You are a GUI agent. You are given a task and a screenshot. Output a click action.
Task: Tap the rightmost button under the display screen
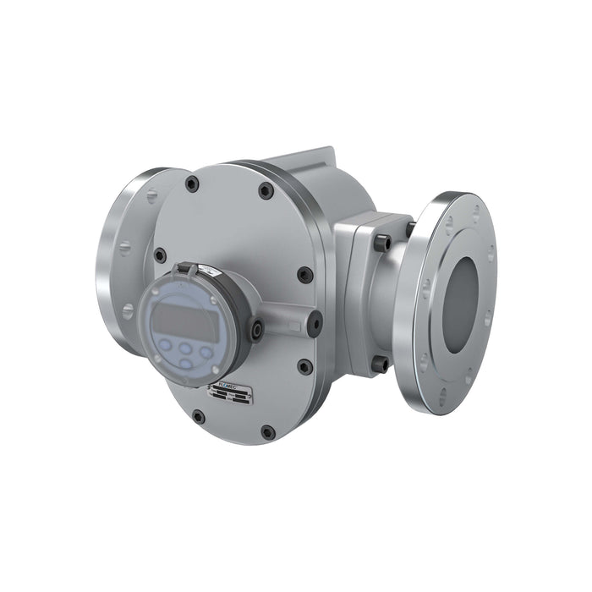tap(206, 350)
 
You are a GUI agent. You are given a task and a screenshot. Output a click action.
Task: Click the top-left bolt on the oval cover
tap(192, 184)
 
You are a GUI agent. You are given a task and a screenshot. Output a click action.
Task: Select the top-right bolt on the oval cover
tap(266, 191)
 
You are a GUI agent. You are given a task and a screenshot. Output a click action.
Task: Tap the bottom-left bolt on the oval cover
tap(198, 416)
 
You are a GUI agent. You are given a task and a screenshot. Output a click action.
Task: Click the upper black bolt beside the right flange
tap(382, 243)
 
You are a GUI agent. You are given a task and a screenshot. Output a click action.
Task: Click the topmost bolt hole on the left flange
tap(151, 196)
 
